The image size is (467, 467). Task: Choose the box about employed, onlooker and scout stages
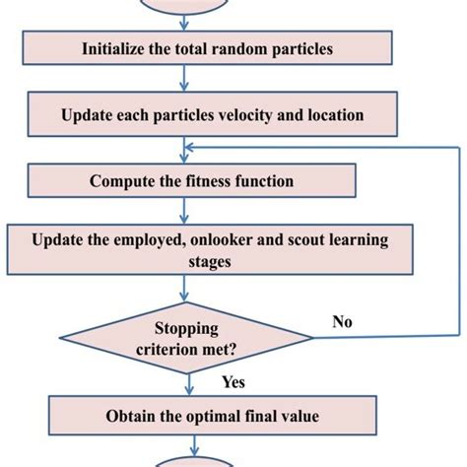point(183,248)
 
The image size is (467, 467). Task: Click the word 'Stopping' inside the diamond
point(187,328)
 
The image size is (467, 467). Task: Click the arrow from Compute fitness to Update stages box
point(186,210)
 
